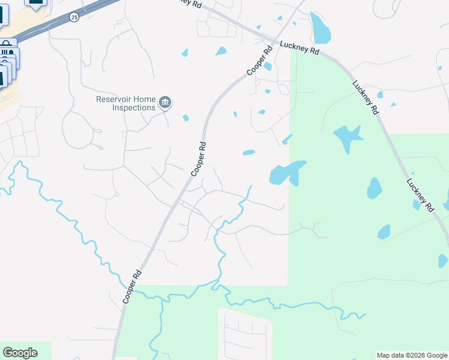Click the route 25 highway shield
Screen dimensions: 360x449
pos(74,17)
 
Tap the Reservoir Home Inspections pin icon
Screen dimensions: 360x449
pos(166,104)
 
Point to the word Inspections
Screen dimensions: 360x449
pos(133,108)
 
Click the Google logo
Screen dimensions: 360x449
pos(20,353)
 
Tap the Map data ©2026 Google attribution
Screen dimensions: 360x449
pos(411,355)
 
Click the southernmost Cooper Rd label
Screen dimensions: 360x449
pos(132,287)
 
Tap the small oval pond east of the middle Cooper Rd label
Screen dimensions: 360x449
pos(249,152)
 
